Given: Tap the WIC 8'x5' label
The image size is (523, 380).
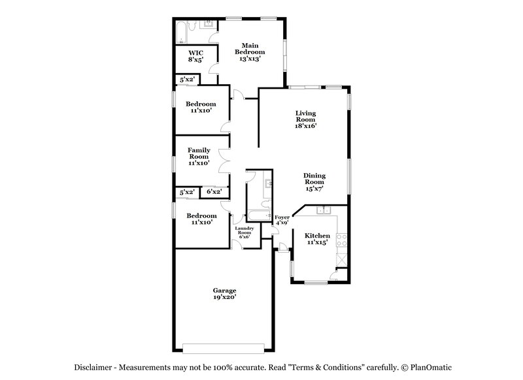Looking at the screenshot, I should click(x=195, y=55).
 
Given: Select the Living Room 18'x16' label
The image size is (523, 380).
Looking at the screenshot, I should click(x=305, y=119).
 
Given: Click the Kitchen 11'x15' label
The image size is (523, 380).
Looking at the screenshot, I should click(x=317, y=239).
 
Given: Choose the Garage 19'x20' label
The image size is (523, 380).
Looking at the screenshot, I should click(x=224, y=294).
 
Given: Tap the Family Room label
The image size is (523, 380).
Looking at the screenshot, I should click(x=199, y=157).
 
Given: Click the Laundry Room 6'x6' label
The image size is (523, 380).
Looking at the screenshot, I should click(x=245, y=232).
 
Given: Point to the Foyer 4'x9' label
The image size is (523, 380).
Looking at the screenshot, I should click(x=282, y=219).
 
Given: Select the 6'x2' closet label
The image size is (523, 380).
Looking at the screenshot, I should click(x=214, y=192).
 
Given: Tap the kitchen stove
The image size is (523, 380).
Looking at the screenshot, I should click(x=340, y=241).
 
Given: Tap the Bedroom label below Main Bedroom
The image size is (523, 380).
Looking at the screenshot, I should click(x=201, y=107).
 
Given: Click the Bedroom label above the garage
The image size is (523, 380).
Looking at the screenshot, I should click(x=201, y=219).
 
